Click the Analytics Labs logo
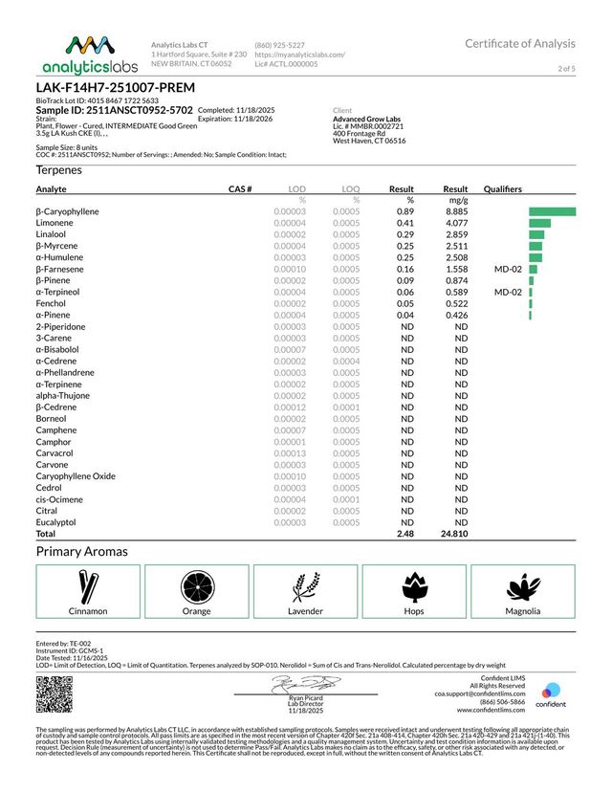(76, 54)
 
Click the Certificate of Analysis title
(520, 43)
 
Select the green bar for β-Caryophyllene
(552, 210)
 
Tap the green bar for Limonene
(537, 222)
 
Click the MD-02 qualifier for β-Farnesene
(507, 269)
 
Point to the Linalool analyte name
(52, 233)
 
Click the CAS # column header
(240, 189)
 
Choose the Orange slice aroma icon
(197, 583)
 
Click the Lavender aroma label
(306, 610)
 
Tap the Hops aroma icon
(415, 583)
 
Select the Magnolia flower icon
(524, 583)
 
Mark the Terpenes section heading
(59, 169)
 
